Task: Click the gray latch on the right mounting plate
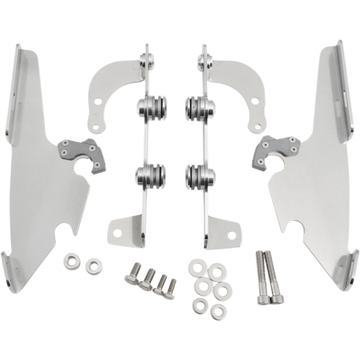click(x=274, y=151)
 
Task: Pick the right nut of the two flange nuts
click(x=92, y=265)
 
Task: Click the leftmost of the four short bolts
click(x=131, y=278)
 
